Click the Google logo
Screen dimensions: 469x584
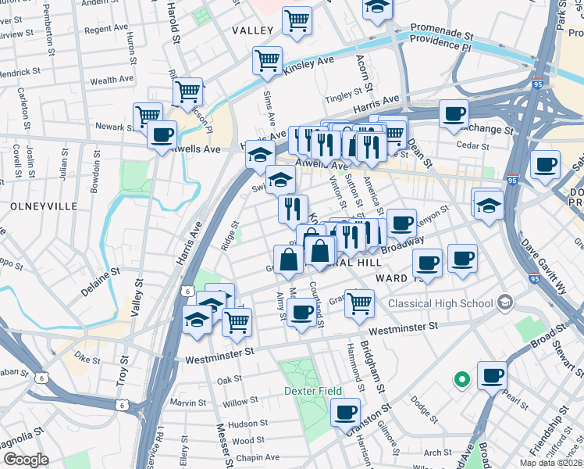25,460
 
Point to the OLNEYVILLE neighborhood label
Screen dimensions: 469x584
45,206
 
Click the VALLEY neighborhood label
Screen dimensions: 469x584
253,30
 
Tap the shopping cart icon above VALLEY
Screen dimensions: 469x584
297,20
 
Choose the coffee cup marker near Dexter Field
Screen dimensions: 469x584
345,410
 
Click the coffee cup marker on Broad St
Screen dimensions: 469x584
492,376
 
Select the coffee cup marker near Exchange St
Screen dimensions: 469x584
454,113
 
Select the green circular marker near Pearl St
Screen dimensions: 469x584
461,380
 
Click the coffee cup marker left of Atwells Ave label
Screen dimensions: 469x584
162,134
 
